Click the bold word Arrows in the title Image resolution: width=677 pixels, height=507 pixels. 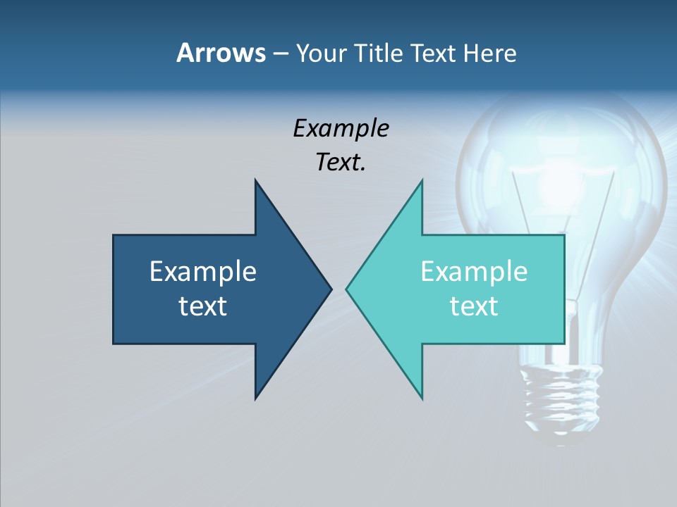click(x=221, y=53)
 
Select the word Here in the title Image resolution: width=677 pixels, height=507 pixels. click(x=489, y=53)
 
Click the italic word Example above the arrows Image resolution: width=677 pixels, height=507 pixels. click(x=341, y=129)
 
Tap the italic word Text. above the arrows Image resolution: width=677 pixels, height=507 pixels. click(x=341, y=162)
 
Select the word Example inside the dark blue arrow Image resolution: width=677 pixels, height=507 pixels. click(x=203, y=271)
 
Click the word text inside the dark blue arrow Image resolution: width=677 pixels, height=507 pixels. click(x=203, y=306)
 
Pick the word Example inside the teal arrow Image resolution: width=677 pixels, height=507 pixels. click(x=474, y=271)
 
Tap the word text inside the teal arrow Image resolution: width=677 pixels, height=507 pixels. click(x=474, y=306)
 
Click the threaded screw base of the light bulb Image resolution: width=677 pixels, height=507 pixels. click(x=561, y=398)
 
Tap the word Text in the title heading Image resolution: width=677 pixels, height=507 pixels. click(x=434, y=53)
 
